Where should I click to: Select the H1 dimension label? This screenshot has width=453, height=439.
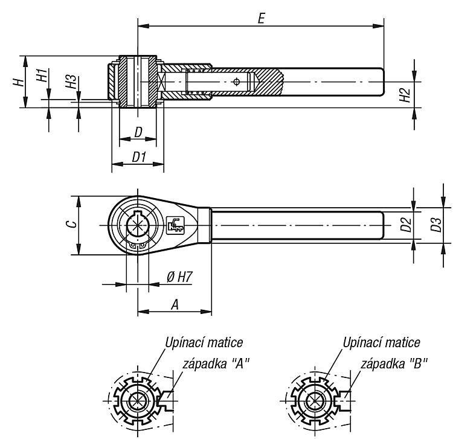42,75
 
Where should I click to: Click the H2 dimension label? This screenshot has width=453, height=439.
405,95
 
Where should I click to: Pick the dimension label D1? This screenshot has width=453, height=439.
140,157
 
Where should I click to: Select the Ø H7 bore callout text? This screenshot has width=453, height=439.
179,277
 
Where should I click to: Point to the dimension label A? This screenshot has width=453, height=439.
175,304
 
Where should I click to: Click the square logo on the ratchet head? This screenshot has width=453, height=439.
175,225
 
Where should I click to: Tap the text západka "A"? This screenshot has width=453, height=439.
216,363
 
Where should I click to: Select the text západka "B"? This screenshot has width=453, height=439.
394,363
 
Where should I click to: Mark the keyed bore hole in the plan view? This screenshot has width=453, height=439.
138,225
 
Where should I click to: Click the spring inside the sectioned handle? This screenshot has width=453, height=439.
198,82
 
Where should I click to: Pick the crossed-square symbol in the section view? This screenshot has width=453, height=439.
161,82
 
